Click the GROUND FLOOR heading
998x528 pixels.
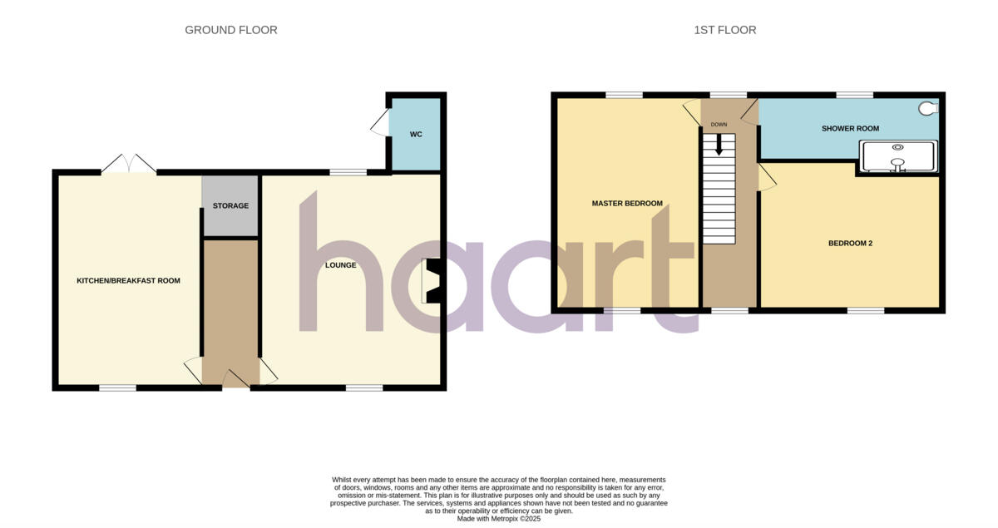(x=230, y=30)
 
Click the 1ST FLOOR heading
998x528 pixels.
(x=724, y=30)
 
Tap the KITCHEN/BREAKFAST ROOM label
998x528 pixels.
(x=128, y=281)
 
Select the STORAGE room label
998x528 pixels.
(x=230, y=205)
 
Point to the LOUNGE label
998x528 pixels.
(x=341, y=265)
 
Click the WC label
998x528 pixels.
(x=416, y=135)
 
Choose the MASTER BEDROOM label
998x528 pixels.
(x=627, y=204)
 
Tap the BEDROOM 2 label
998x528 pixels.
(x=850, y=244)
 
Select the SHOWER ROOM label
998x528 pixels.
(x=850, y=128)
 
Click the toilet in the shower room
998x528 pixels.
(x=928, y=108)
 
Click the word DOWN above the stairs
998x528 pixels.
(x=719, y=125)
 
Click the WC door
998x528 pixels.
(x=379, y=123)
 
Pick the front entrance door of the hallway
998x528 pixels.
(x=235, y=380)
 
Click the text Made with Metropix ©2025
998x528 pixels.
(x=499, y=519)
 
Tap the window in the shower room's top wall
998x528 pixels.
(x=848, y=96)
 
